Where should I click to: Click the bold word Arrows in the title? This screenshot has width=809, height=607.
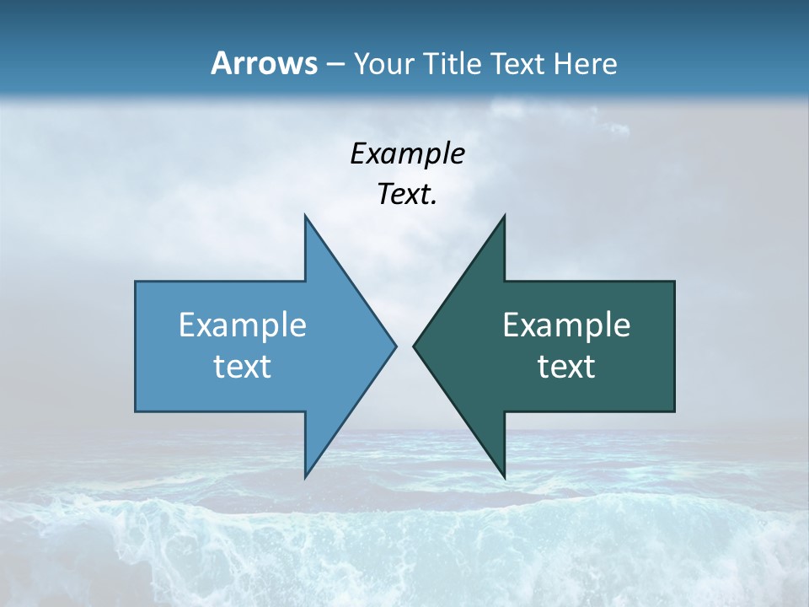(263, 64)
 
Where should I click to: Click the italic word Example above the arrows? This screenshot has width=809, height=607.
(408, 153)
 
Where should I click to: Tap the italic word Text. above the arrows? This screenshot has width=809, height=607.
(407, 195)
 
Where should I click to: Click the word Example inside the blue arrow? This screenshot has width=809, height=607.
(243, 325)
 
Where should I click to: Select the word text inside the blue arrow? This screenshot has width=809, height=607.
(243, 367)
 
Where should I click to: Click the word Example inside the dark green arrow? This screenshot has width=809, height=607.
(566, 325)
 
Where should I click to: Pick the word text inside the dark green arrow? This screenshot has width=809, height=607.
(566, 367)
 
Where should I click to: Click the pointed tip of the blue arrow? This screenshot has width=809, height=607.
(395, 346)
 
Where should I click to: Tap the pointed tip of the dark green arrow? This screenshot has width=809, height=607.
(414, 346)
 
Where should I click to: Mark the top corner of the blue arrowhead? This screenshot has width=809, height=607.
(305, 216)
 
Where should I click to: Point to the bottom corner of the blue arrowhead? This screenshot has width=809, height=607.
(305, 477)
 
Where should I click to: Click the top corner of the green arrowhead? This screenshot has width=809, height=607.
(504, 216)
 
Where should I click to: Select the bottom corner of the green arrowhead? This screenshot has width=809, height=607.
(504, 477)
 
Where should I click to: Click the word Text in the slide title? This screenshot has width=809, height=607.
(517, 64)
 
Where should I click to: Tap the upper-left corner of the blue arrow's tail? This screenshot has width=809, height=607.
(136, 282)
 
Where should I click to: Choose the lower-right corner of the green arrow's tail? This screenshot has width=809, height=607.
(674, 411)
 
